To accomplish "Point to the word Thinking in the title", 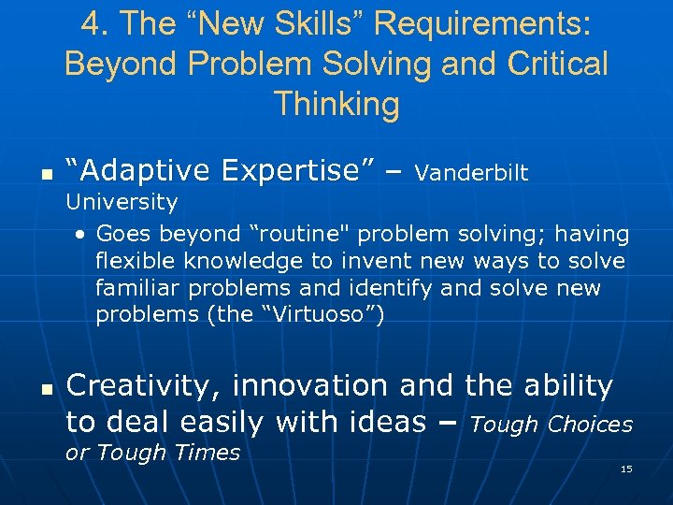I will [336, 103].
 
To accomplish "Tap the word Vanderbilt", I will [471, 173].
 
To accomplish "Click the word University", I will [121, 202].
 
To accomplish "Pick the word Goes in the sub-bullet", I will [120, 234].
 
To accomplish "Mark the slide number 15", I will [626, 469].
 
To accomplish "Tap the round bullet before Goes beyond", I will [82, 235].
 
